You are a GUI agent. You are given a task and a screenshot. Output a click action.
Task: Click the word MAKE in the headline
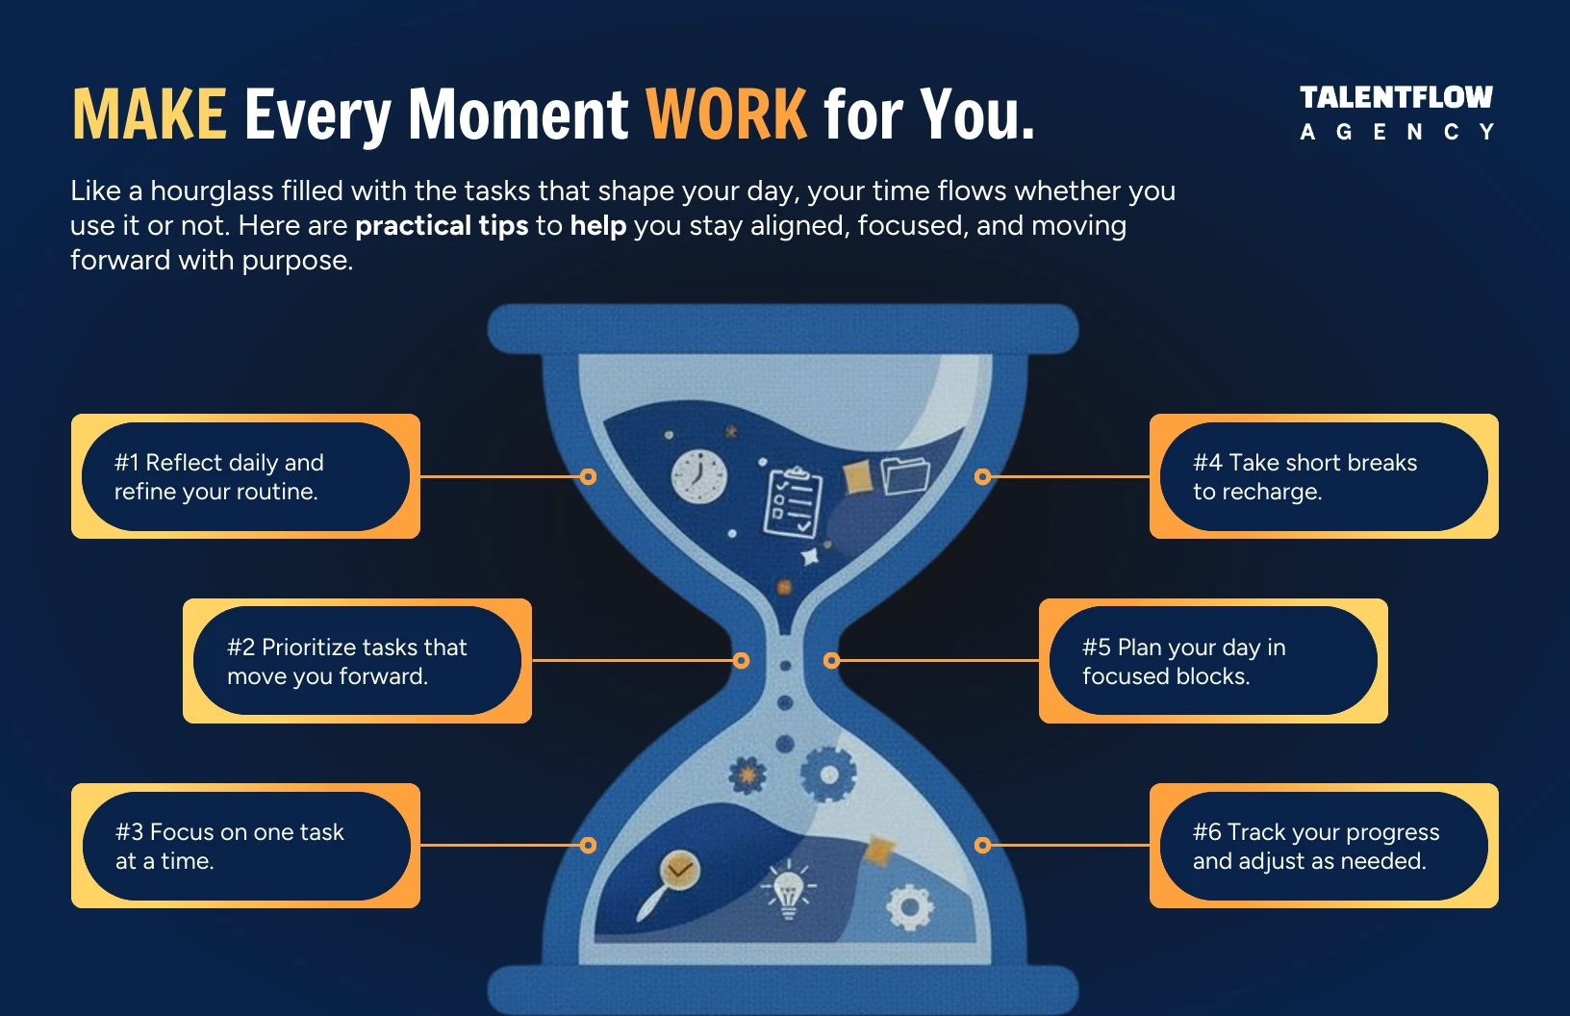point(149,114)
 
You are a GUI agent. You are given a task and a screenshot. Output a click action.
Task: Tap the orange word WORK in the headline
point(726,114)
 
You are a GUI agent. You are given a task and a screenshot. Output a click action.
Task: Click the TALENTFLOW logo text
point(1396,97)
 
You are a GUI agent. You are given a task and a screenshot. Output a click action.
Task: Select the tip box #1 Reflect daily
point(245,476)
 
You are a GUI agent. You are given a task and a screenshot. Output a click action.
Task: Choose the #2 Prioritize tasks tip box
point(357,661)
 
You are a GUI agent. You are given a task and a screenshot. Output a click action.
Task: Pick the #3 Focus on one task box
point(245,846)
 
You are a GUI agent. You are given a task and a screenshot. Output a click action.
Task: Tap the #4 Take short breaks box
point(1324,476)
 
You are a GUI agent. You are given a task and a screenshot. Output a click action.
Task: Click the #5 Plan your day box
point(1213,661)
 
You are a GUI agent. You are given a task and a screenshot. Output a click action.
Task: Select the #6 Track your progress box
point(1324,846)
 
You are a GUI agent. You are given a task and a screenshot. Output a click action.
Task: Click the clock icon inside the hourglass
point(699,476)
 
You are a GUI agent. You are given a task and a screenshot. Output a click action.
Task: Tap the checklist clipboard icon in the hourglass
point(793,501)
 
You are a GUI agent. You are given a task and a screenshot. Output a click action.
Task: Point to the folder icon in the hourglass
point(905,474)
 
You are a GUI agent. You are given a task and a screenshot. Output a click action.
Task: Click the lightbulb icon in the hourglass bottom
point(788,889)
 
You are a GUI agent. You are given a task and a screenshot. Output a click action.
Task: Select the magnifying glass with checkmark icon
point(673,880)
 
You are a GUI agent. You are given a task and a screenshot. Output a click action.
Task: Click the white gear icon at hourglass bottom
point(909,907)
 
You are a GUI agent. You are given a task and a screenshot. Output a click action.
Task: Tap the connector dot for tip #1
point(589,476)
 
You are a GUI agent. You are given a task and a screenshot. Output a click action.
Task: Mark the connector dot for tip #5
point(832,661)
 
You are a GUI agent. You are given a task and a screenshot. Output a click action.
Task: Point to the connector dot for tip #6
point(982,846)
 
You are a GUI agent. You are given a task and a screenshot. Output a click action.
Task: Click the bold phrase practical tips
point(442,225)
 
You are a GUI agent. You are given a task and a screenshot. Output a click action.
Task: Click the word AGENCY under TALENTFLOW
point(1396,132)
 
